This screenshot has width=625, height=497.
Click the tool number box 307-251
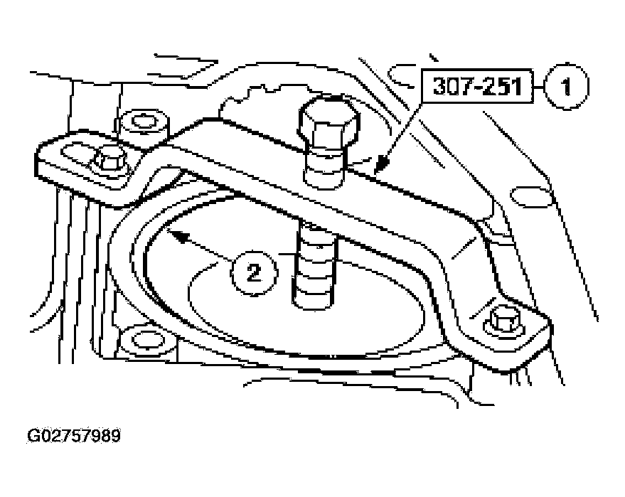coord(478,86)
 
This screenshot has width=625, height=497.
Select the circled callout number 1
coord(567,87)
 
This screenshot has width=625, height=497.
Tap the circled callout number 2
coord(254,273)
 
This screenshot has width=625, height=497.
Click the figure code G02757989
coord(74,436)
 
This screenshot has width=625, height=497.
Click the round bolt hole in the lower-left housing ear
coord(147,341)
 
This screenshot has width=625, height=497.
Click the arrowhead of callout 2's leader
coord(176,235)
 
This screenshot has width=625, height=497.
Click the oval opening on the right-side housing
coord(533,196)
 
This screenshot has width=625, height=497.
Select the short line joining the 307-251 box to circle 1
coord(539,87)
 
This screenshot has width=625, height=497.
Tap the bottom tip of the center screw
coord(314,308)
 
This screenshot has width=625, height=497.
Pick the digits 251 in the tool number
coord(502,86)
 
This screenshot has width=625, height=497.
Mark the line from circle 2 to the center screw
coord(286,254)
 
